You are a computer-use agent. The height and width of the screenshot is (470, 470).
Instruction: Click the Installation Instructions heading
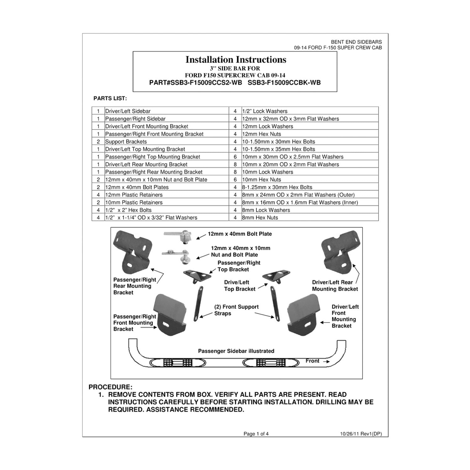236,60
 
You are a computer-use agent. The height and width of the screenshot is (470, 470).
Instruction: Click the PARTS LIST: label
110,99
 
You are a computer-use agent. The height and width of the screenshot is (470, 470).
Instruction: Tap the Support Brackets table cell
126,142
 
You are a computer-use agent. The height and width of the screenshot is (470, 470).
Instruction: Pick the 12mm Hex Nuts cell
262,134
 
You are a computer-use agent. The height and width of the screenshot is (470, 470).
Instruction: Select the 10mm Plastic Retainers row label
134,202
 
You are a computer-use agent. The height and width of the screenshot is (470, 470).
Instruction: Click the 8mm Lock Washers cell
266,210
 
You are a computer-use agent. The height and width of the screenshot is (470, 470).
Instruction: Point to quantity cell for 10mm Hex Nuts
235,180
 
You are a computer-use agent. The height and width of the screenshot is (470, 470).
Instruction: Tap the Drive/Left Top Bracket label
239,286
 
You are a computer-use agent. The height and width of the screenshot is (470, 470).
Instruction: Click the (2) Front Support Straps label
236,310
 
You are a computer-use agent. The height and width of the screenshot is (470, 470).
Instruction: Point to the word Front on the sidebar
312,361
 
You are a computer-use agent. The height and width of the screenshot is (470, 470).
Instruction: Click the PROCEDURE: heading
110,387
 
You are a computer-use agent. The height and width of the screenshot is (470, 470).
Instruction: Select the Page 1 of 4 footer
256,434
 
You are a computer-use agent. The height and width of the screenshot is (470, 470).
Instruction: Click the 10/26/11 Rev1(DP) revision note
361,434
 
